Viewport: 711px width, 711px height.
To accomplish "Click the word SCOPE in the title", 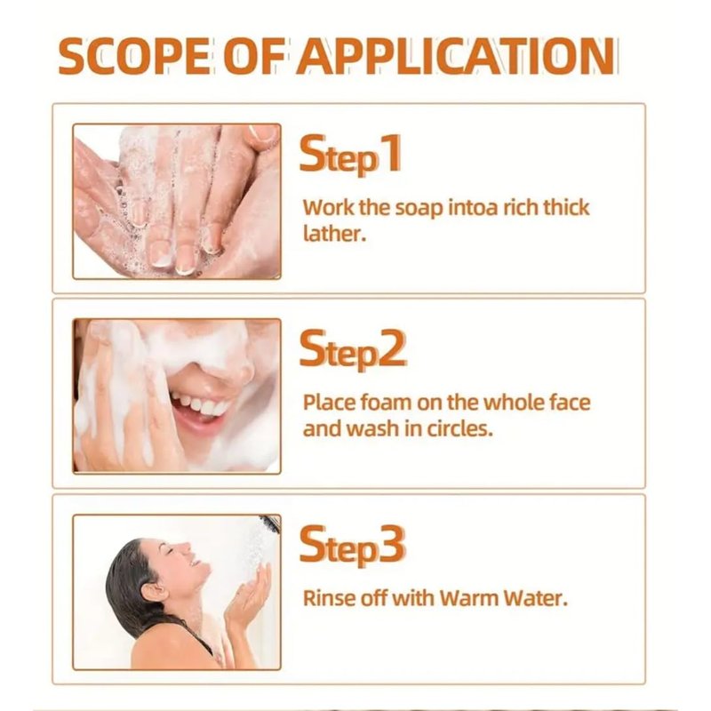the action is (134, 56).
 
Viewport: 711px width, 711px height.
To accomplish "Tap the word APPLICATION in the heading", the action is (456, 56).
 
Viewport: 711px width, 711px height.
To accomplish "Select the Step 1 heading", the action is (350, 154).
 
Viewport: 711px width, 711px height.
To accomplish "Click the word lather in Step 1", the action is (334, 234).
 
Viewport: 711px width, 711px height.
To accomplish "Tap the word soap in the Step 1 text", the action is (419, 209).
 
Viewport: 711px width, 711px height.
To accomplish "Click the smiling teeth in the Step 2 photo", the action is (201, 405).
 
